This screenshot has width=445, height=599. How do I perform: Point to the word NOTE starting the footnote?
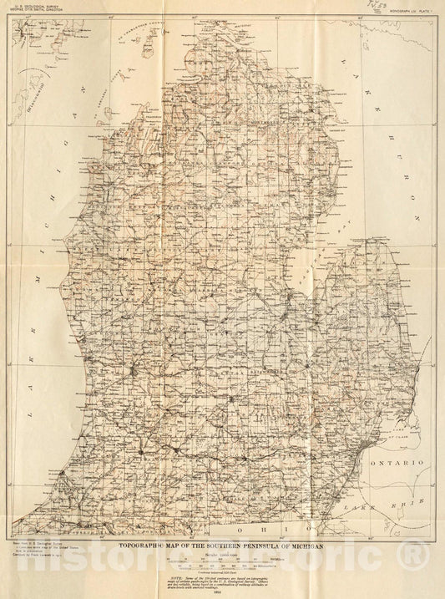173,576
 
